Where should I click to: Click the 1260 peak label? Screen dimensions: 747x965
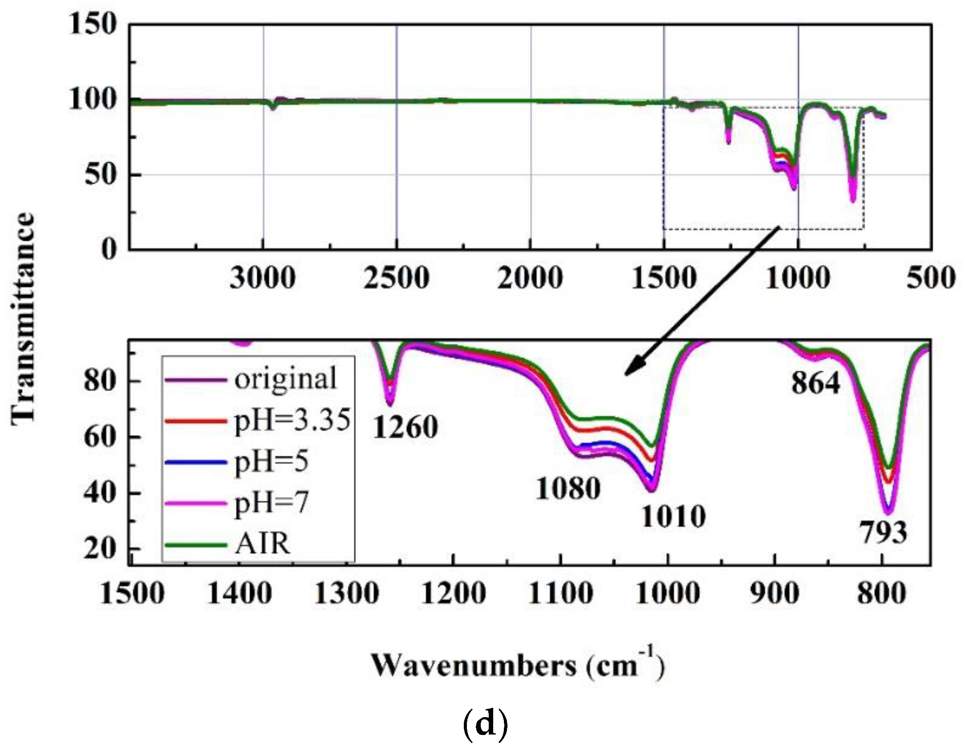coord(405,428)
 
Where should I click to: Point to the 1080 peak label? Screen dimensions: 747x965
coord(568,489)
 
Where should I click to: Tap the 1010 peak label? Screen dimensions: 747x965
coord(673,517)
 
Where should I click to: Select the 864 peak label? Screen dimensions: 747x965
coord(815,383)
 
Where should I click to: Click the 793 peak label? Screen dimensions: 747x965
coord(883,533)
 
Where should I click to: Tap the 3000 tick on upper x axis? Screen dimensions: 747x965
coord(262,279)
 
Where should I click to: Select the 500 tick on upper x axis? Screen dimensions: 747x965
coord(931,279)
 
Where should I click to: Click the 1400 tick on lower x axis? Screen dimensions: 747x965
coord(240,594)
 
